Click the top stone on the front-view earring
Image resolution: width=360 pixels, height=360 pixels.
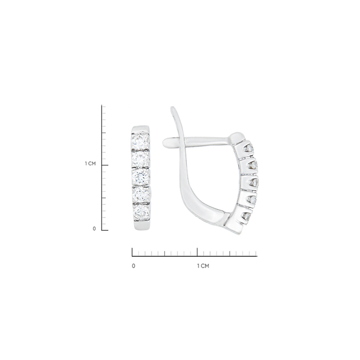tap(140, 141)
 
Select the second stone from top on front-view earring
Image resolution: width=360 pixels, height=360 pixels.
tap(140, 159)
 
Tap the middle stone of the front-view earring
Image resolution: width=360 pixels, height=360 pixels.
tap(141, 177)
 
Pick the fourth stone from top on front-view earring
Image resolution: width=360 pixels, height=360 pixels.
tap(141, 194)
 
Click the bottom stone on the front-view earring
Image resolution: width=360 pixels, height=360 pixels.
tap(141, 212)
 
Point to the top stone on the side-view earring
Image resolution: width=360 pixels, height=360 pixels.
tap(249, 149)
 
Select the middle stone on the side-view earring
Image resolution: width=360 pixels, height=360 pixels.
tap(254, 183)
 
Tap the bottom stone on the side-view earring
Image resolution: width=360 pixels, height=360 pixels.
tap(246, 216)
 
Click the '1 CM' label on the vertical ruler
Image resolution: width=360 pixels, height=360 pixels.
tap(90, 164)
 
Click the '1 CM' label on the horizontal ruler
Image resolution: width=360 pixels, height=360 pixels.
tap(203, 266)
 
